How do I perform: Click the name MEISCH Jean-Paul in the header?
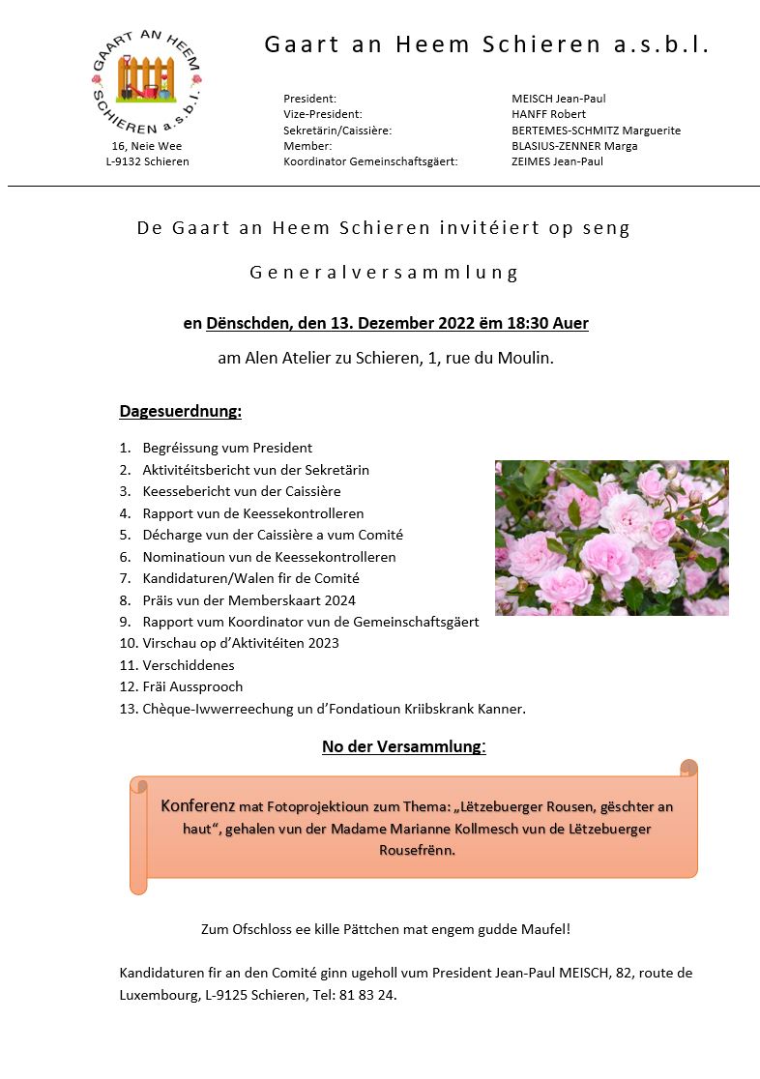coord(558,99)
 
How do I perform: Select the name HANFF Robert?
coord(548,114)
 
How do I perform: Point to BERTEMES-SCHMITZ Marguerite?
coord(596,131)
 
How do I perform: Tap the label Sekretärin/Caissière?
coord(337,131)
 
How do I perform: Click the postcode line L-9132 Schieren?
coord(147,161)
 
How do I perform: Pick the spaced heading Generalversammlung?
coord(384,273)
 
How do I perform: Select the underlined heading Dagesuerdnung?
coord(180,411)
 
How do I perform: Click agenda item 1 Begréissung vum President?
coord(227,448)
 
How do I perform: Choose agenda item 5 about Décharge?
coord(273,535)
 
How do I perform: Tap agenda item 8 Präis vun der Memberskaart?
coord(248,600)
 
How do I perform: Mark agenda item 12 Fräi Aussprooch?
coord(192,686)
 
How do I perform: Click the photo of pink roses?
coord(611,538)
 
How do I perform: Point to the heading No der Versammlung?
coord(402,746)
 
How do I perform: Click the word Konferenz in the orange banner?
coord(198,805)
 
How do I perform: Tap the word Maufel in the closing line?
coord(546,929)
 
